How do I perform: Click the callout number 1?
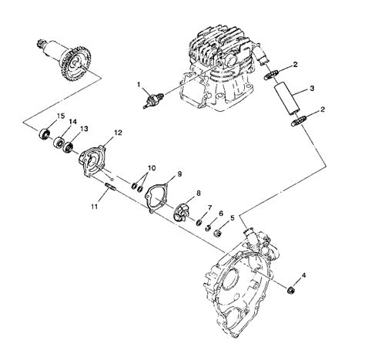139,84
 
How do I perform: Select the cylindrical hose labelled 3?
283,99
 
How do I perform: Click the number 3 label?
312,89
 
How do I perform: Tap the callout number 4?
304,275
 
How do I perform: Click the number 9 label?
180,174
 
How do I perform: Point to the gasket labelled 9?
159,194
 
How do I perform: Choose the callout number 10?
151,167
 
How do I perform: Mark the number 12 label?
118,133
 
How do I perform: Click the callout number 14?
72,122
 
